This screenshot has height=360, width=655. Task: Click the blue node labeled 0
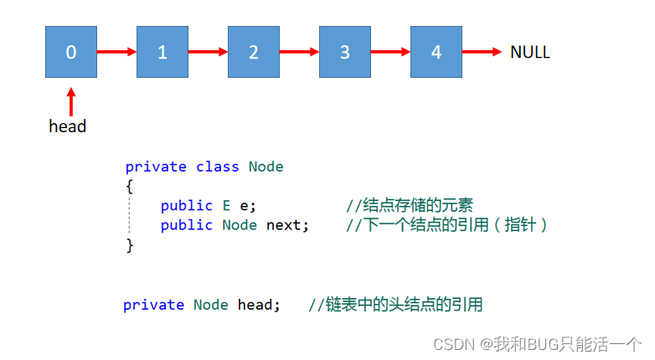71,52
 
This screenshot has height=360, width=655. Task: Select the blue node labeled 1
162,52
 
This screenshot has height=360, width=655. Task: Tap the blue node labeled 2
254,52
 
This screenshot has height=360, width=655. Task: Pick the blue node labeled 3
344,52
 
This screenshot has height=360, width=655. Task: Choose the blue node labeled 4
436,52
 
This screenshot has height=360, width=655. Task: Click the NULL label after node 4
530,52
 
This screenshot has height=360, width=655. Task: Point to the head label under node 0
68,126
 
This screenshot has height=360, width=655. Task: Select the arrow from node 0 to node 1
116,52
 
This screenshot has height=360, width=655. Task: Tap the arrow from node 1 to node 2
208,52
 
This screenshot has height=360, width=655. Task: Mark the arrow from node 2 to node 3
299,52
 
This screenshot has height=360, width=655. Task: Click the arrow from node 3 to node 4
389,52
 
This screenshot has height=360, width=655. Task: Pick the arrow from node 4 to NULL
482,52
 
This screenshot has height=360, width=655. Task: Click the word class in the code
218,167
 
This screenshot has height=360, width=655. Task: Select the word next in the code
287,224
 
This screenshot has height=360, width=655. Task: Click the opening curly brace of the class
130,186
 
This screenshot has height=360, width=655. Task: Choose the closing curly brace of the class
130,244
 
